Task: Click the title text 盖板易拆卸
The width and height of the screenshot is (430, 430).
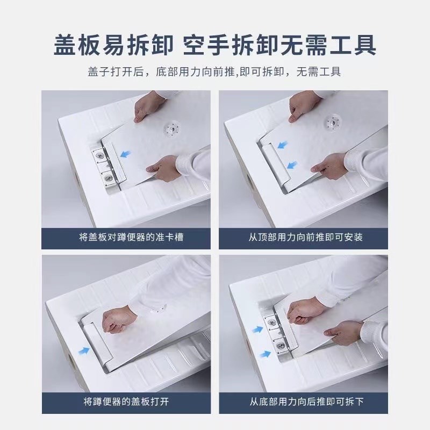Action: [x=113, y=44]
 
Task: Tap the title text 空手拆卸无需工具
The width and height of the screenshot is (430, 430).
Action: [x=279, y=44]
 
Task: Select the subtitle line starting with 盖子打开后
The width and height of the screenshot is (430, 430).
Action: [x=215, y=72]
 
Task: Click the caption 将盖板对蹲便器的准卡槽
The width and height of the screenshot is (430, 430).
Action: [x=126, y=236]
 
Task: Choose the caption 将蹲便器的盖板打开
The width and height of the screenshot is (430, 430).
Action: [x=126, y=401]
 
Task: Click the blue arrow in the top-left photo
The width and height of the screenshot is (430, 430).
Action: [x=127, y=155]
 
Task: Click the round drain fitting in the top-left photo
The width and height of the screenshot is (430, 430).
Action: [x=173, y=128]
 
